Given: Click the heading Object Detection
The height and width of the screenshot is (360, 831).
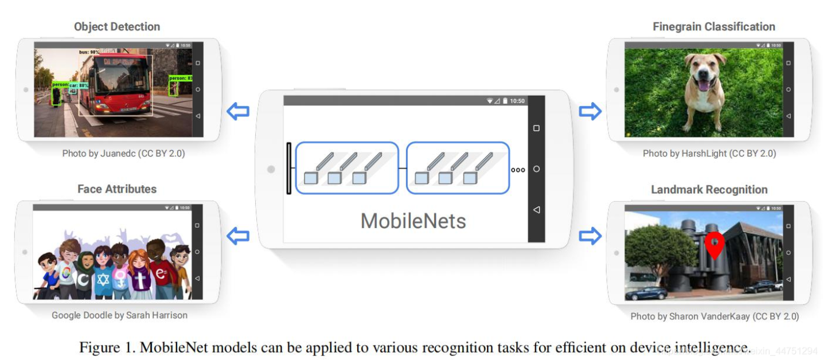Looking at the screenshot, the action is click(x=117, y=27).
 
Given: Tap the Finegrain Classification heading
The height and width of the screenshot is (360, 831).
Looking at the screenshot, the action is click(x=713, y=27).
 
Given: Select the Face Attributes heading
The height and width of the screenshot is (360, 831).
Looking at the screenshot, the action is click(x=117, y=189).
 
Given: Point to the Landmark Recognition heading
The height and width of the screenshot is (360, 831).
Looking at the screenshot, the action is click(x=709, y=190).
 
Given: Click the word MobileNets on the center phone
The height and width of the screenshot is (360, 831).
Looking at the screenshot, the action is click(x=413, y=221).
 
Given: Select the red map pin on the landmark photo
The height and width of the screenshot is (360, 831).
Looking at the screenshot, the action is click(x=715, y=244).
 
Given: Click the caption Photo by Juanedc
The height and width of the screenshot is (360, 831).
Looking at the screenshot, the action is click(x=123, y=154).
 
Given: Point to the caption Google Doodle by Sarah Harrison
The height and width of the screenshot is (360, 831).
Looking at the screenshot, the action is click(x=119, y=315).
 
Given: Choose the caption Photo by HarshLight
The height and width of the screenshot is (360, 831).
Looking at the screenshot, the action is click(x=709, y=154).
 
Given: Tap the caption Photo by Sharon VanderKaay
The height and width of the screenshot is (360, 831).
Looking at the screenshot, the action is click(x=715, y=316).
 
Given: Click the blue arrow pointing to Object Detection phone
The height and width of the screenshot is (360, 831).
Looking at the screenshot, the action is click(x=239, y=111).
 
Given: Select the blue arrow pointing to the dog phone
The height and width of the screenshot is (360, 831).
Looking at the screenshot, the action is click(x=590, y=111).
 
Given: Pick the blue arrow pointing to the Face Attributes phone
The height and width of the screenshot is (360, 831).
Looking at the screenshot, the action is click(x=239, y=235).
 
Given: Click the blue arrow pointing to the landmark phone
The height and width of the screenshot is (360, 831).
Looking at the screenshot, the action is click(x=590, y=235).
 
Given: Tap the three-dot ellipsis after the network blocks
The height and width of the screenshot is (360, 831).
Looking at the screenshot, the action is click(x=518, y=170).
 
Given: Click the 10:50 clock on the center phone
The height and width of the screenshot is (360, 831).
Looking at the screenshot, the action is click(x=517, y=101).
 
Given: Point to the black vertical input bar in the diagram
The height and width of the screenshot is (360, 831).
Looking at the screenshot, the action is click(x=289, y=169).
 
